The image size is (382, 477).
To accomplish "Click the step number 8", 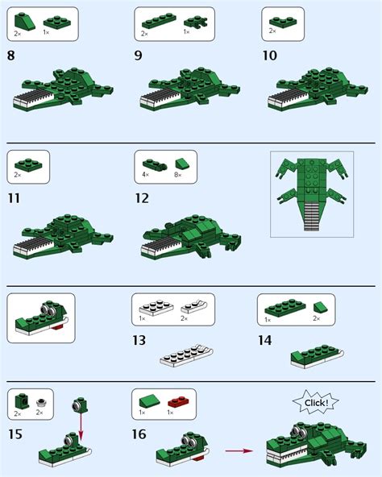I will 11,56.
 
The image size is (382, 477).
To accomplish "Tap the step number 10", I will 269,56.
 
